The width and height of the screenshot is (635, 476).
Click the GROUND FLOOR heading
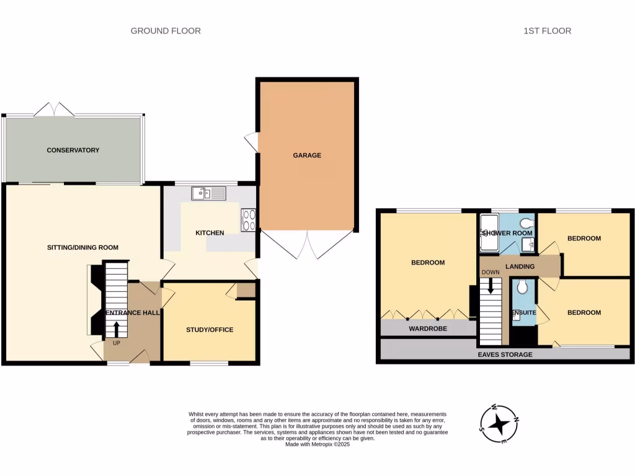(166, 30)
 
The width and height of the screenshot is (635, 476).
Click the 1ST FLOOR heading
(547, 30)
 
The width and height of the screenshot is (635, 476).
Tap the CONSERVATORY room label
(73, 150)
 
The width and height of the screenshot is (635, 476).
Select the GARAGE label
(307, 156)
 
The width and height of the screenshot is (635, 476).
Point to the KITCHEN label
(210, 233)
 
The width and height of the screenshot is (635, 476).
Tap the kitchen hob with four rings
(249, 219)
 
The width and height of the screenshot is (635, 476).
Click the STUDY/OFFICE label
(210, 330)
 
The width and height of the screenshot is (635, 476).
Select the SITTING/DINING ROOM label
(82, 247)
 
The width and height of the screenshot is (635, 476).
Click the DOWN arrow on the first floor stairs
(491, 286)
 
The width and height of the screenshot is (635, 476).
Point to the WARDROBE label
(427, 328)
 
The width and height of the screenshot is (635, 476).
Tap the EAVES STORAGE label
(505, 355)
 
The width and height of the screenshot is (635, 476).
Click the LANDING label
(520, 267)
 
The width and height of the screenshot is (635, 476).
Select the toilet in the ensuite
(522, 286)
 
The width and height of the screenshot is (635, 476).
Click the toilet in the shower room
(527, 224)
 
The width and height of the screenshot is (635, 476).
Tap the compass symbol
(499, 424)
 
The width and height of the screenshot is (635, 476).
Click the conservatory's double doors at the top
(55, 110)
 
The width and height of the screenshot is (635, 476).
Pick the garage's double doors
(308, 244)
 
